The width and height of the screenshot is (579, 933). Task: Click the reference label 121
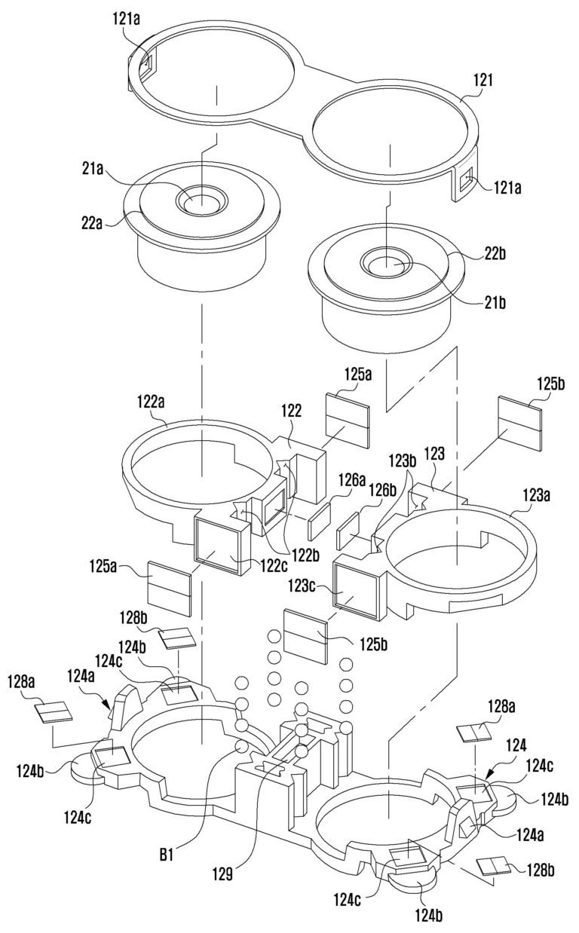[483, 80]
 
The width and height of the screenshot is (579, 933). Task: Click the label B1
[167, 855]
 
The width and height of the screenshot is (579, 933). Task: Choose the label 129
[222, 873]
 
